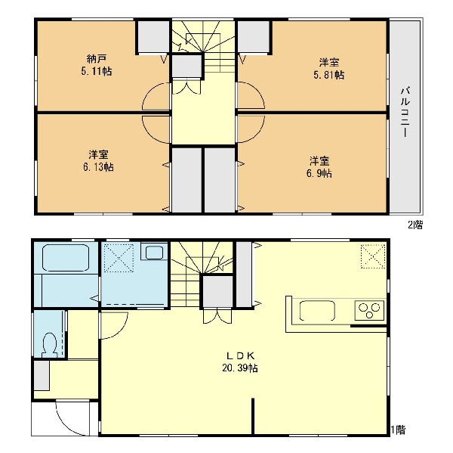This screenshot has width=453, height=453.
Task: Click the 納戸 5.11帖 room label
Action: coord(97,65)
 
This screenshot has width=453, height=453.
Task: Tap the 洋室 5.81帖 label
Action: coord(329,69)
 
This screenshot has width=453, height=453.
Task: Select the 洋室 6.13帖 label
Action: coord(98,160)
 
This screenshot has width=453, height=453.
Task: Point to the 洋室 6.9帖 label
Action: coord(319,167)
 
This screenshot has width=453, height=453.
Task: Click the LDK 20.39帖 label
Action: coord(240,361)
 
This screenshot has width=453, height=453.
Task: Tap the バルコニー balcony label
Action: coord(405,112)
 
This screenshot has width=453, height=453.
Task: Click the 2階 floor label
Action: coord(415,225)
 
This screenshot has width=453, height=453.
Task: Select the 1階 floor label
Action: coord(399,430)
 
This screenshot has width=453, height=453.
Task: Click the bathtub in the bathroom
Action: coord(66,258)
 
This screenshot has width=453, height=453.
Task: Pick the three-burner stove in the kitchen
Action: coord(369,310)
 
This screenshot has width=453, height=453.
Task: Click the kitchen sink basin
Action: coord(317,311)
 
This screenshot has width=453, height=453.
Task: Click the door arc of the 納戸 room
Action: coord(148,88)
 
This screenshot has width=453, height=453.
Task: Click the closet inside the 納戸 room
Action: coord(153,36)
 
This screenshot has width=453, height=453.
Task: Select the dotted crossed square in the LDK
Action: coord(373,256)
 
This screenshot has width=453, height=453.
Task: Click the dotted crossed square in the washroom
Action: coord(119,258)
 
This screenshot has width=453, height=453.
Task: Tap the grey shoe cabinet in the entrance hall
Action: coord(42,375)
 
